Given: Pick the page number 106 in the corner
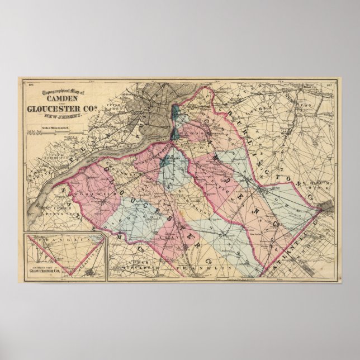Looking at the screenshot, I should pyautogui.click(x=24, y=84).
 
